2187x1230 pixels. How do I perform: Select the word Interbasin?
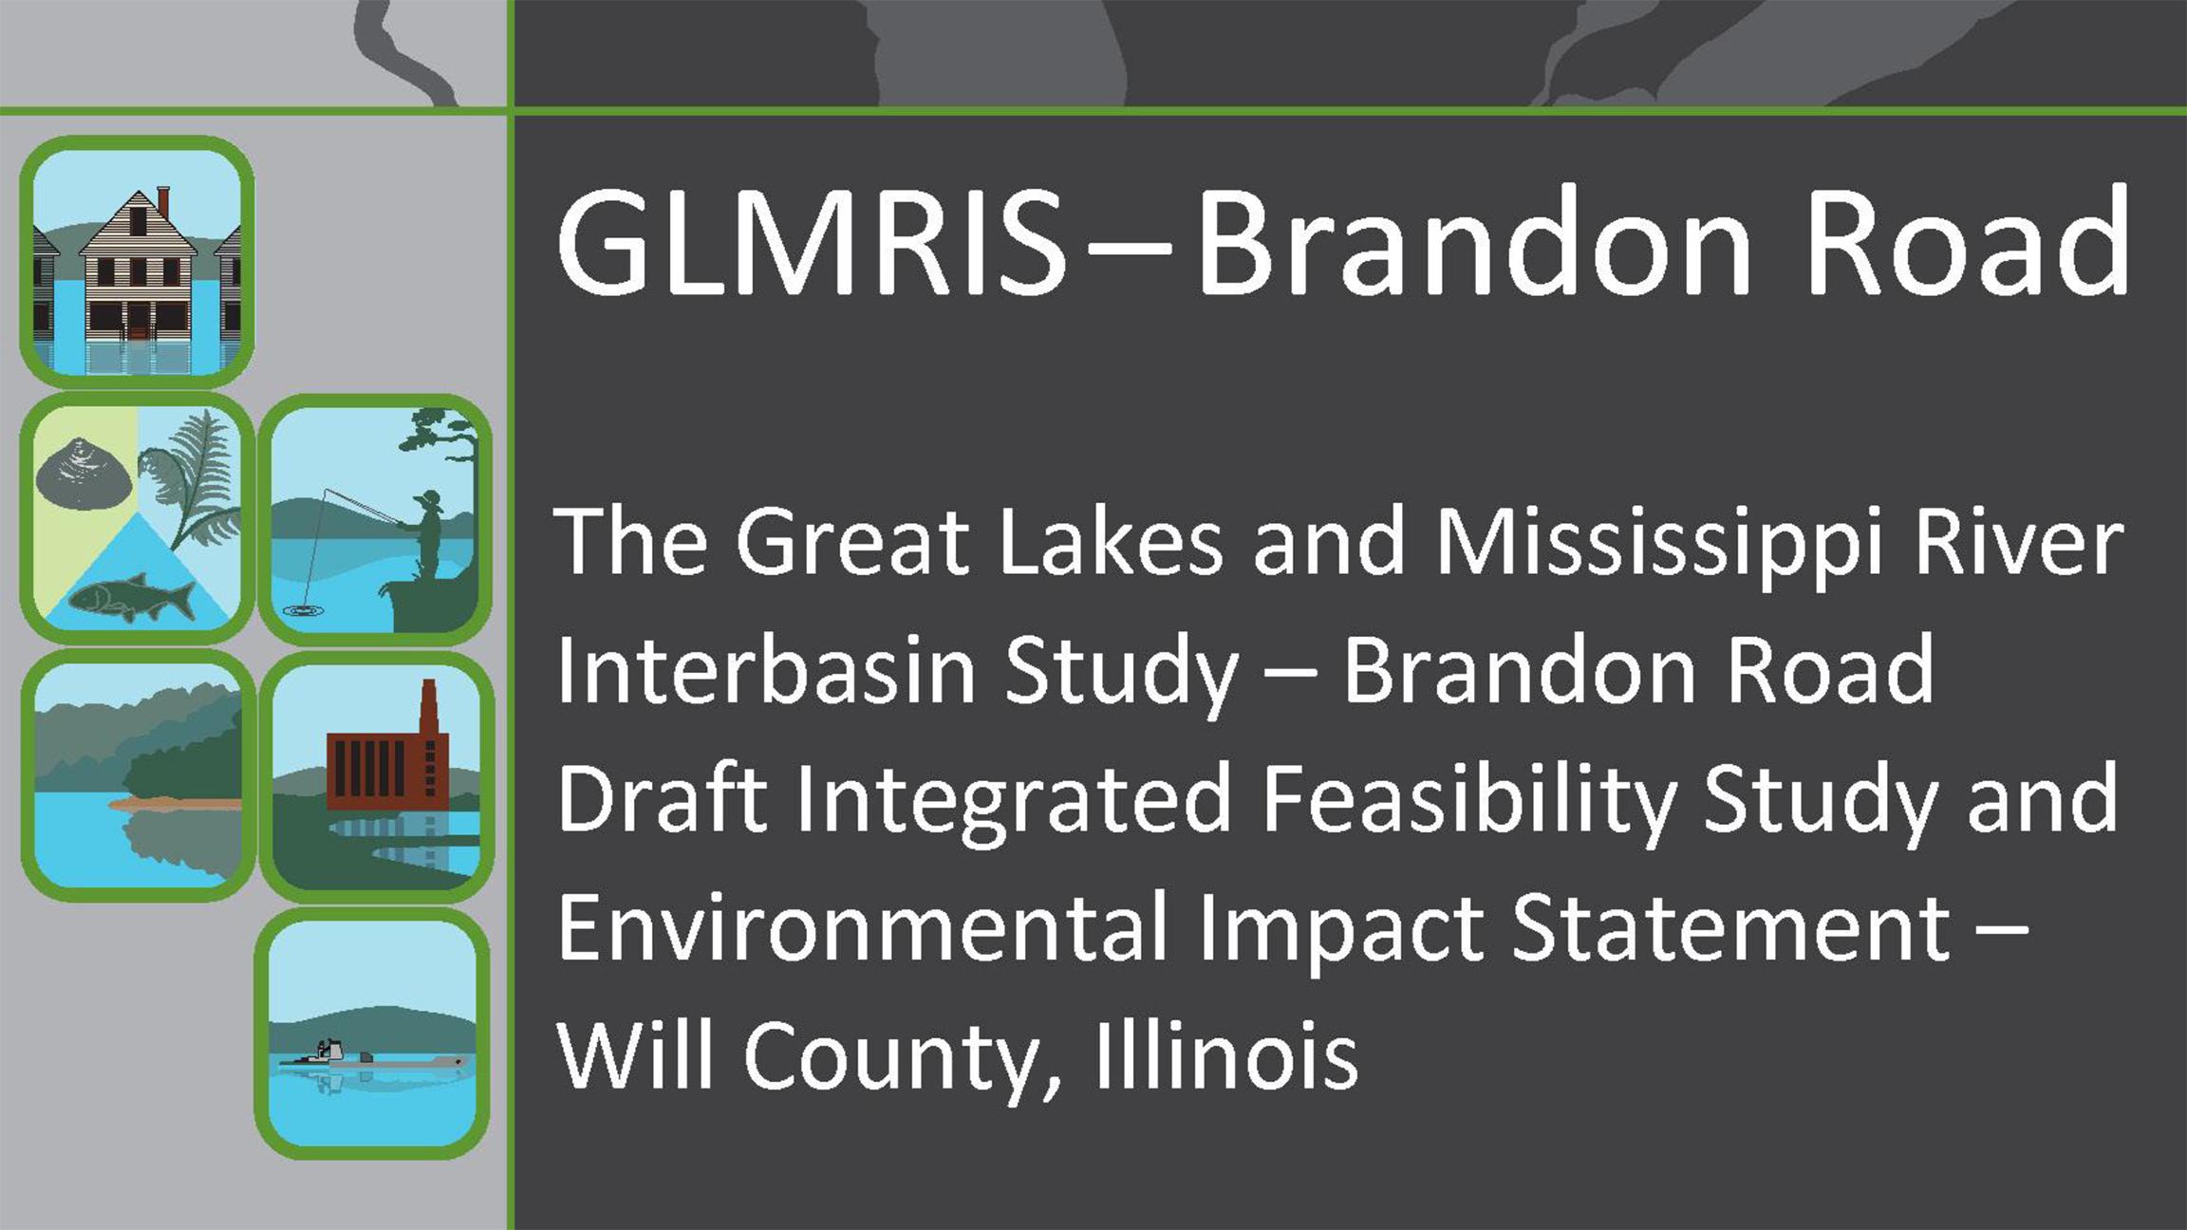point(766,670)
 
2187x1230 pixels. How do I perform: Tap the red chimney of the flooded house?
point(163,201)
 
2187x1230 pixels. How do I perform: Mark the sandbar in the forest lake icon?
point(175,804)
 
